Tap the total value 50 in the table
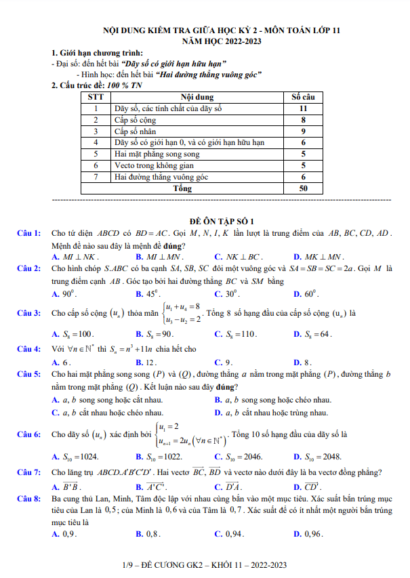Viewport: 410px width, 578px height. click(x=303, y=188)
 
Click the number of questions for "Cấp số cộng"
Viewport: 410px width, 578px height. click(x=303, y=119)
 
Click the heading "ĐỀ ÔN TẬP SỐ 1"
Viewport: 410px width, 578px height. click(x=222, y=221)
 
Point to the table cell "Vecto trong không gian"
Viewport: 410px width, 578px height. click(x=154, y=165)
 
